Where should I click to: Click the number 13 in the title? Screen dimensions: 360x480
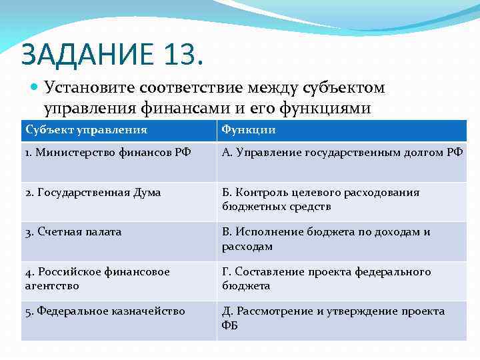click(x=179, y=53)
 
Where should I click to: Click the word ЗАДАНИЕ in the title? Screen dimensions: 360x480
click(x=87, y=53)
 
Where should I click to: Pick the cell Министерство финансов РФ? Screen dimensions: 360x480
click(x=107, y=153)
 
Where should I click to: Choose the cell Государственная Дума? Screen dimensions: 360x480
click(x=93, y=192)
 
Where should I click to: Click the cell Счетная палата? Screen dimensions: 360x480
click(x=73, y=231)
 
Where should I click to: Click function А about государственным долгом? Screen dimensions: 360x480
click(x=342, y=153)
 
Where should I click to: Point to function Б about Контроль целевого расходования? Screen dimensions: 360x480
click(x=321, y=199)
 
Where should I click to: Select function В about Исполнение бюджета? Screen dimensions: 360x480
click(x=326, y=239)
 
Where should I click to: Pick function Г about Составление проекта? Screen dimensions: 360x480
click(x=327, y=278)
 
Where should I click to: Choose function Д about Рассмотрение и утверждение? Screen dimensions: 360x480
click(x=333, y=317)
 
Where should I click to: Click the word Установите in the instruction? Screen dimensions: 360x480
click(x=89, y=88)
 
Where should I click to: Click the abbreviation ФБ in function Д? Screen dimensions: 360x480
click(x=229, y=325)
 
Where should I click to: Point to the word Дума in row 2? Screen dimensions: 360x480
click(x=147, y=192)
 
